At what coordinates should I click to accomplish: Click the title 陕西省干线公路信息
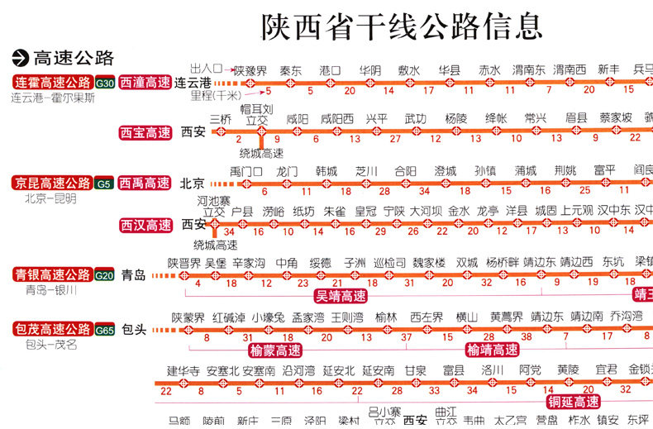[x=402, y=26]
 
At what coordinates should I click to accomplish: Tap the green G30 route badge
[x=105, y=83]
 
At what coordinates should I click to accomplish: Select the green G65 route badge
[x=105, y=330]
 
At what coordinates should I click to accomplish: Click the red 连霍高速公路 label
[x=52, y=83]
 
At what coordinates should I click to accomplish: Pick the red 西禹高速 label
[x=145, y=183]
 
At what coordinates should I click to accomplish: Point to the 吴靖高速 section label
[x=341, y=295]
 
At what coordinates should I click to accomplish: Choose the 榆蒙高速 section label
[x=270, y=350]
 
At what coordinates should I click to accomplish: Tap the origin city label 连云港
[x=193, y=83]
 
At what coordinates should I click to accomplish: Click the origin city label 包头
[x=134, y=330]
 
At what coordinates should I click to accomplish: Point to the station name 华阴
[x=369, y=70]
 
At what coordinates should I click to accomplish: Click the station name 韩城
[x=326, y=171]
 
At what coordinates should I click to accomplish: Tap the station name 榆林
[x=386, y=317]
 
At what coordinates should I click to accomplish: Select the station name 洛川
[x=493, y=370]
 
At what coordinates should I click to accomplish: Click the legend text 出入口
[x=206, y=68]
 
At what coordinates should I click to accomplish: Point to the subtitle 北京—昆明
[x=50, y=198]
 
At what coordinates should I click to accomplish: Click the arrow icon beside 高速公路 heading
[x=19, y=58]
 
